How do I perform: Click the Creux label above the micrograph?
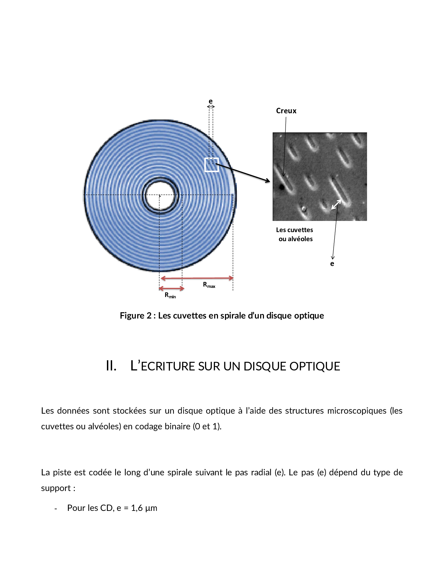click(x=286, y=111)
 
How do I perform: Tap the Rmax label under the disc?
click(x=209, y=285)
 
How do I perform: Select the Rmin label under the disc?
click(x=170, y=295)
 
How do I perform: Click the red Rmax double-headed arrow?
click(x=197, y=278)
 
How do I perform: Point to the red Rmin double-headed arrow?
click(x=171, y=289)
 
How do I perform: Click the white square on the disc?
click(x=211, y=165)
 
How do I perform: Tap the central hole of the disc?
click(x=160, y=195)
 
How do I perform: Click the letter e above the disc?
click(x=211, y=101)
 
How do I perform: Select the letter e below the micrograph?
click(x=332, y=264)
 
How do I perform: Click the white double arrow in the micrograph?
click(x=336, y=204)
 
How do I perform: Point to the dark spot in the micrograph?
click(x=281, y=187)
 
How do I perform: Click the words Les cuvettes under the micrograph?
click(x=294, y=230)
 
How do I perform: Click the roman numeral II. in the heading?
click(x=111, y=366)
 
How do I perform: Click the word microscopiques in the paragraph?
click(x=357, y=411)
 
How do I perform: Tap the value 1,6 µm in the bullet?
click(x=144, y=508)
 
